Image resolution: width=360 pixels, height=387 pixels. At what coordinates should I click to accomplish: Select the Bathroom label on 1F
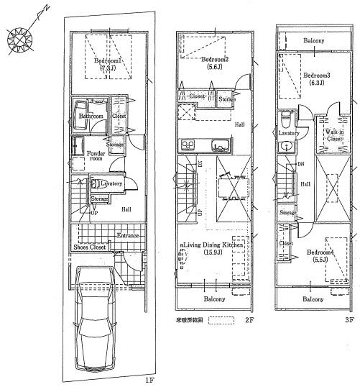point(91,116)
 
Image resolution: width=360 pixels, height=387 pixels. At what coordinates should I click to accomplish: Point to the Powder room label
point(96,157)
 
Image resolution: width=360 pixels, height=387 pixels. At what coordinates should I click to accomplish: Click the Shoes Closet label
point(90,247)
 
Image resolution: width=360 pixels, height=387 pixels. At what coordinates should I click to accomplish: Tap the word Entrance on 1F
point(129,236)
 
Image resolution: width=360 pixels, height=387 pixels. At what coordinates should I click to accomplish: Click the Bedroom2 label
point(215,59)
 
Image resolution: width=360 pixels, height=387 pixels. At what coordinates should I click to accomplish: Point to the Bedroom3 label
point(316,75)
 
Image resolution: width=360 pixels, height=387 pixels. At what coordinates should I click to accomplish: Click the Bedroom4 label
point(320,252)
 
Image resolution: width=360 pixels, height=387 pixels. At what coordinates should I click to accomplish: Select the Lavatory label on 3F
point(289,133)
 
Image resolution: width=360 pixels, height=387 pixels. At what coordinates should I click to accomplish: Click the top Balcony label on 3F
point(313,41)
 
